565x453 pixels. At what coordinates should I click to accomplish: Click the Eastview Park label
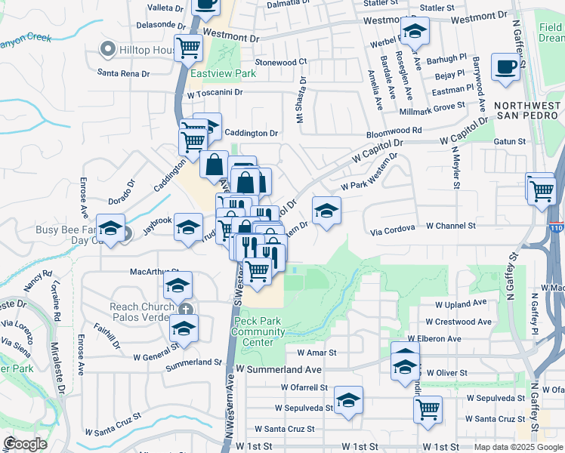[x=223, y=74]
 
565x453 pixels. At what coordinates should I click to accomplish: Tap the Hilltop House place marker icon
[x=107, y=50]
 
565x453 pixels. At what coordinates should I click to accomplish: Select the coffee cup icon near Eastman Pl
[x=505, y=66]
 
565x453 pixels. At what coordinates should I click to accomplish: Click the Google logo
[x=26, y=444]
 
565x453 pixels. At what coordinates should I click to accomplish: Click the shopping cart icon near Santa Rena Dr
[x=188, y=48]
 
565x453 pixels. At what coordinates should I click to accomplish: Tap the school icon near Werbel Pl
[x=414, y=32]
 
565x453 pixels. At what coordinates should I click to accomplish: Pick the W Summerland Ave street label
[x=278, y=370]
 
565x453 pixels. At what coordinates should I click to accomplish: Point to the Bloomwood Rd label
[x=395, y=131]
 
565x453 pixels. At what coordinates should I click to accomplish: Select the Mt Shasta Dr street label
[x=302, y=98]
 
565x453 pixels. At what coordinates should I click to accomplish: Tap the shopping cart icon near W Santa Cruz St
[x=428, y=408]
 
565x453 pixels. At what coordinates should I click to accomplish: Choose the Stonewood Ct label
[x=281, y=62]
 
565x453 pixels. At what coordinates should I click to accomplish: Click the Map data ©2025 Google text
[x=517, y=447]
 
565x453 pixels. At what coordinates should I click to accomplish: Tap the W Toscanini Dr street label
[x=215, y=92]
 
